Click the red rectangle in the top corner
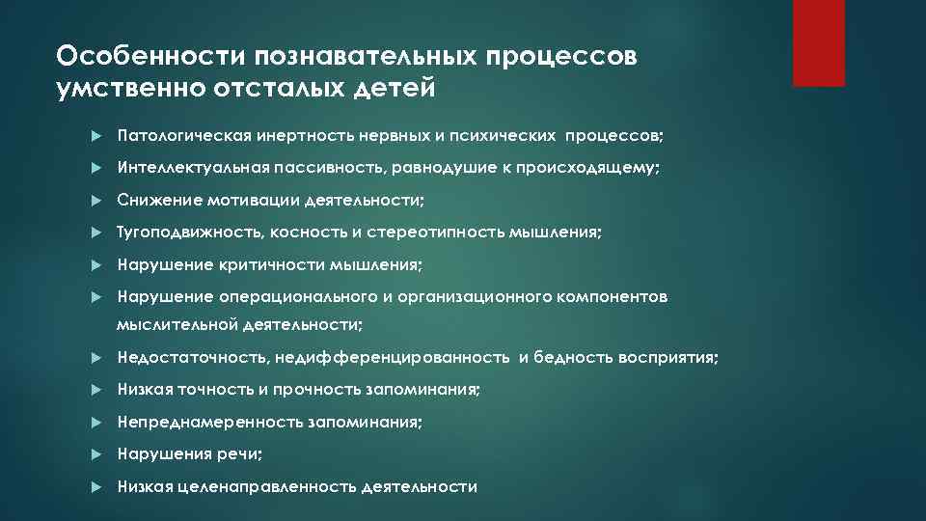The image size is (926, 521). (x=818, y=42)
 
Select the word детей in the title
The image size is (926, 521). (x=395, y=89)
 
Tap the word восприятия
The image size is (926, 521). (x=670, y=358)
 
